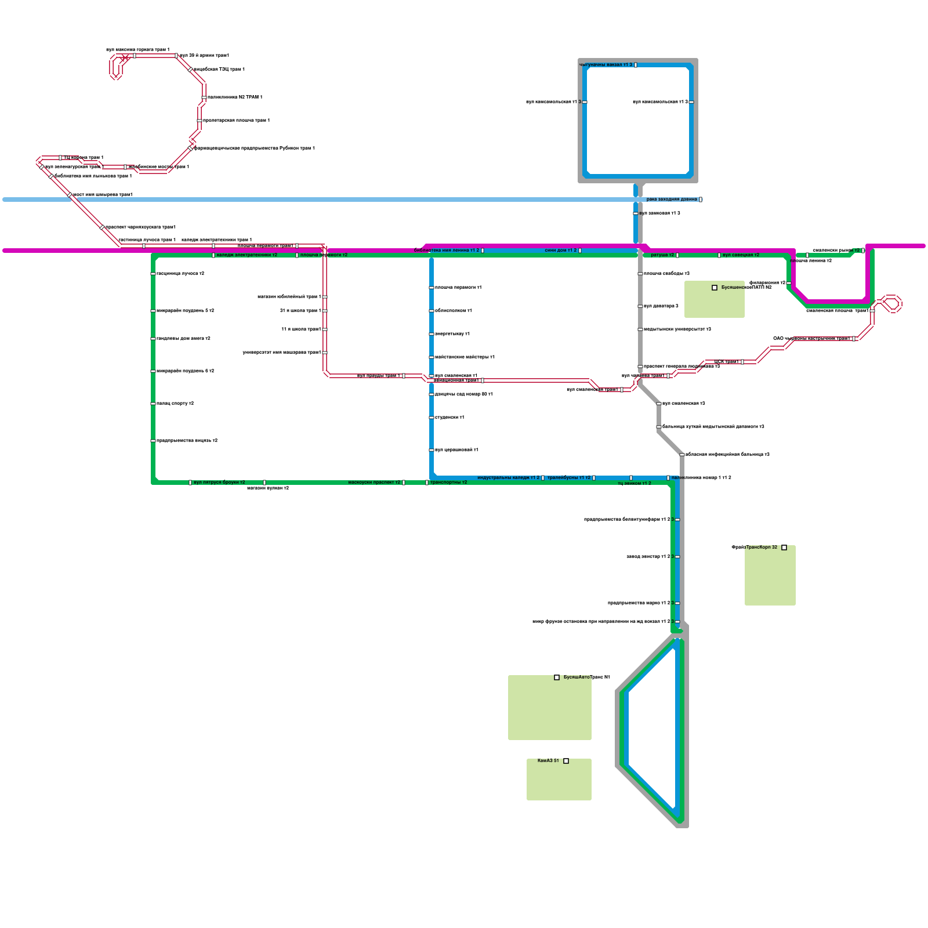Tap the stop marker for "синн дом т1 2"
coord(580,251)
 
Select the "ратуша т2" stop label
coord(662,255)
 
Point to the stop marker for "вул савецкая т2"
coord(719,255)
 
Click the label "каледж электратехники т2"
coord(246,255)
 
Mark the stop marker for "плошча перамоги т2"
coord(297,255)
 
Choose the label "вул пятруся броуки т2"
coord(219,483)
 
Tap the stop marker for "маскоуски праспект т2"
coord(404,483)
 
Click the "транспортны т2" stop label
coord(448,483)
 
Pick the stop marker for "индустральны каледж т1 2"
coord(543,478)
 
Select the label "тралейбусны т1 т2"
coord(568,478)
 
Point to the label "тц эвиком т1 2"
coord(635,484)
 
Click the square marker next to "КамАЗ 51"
coord(566,761)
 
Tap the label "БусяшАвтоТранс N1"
coord(586,677)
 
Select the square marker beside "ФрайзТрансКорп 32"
coord(784,548)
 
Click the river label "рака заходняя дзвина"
coord(672,200)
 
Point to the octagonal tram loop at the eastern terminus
coord(891,304)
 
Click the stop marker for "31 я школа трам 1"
coord(325,311)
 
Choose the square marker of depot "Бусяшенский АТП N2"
coord(715,288)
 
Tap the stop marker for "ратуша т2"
coord(677,255)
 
